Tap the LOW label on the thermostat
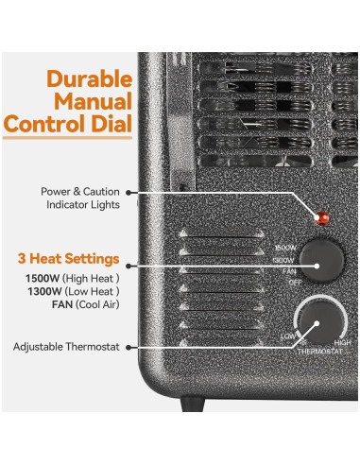tap(286, 336)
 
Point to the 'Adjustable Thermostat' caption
tap(66, 348)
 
